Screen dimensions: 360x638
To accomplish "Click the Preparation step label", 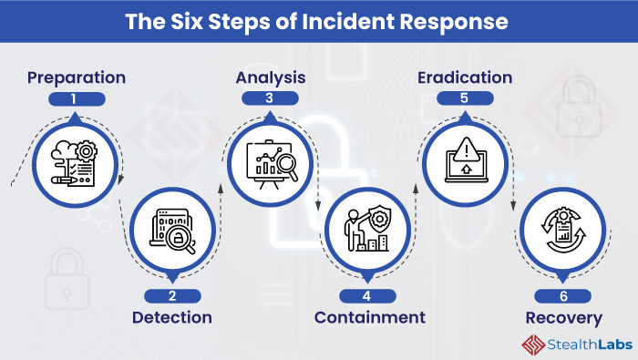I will tap(77, 77).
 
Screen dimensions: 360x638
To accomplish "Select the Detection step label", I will tap(172, 318).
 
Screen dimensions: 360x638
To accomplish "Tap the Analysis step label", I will tap(270, 77).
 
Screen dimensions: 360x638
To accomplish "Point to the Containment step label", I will tap(370, 318).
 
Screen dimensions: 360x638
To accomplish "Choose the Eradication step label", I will tap(465, 77).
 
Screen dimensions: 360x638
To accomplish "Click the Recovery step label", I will tap(563, 318).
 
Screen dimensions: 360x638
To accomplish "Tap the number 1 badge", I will tap(77, 98).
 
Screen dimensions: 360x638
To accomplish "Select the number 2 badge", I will tap(172, 295).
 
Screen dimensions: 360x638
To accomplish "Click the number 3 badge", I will tap(270, 98).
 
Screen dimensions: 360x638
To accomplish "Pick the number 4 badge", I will tap(369, 295).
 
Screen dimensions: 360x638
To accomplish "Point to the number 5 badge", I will tap(465, 98).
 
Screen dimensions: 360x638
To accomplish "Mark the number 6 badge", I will tap(563, 295).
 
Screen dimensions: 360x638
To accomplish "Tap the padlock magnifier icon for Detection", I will tap(172, 231).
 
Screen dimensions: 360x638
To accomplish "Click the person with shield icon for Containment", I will tap(369, 231).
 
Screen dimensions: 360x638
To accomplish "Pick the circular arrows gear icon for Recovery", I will tap(563, 231).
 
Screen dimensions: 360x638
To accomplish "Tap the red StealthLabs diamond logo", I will tap(533, 344).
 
